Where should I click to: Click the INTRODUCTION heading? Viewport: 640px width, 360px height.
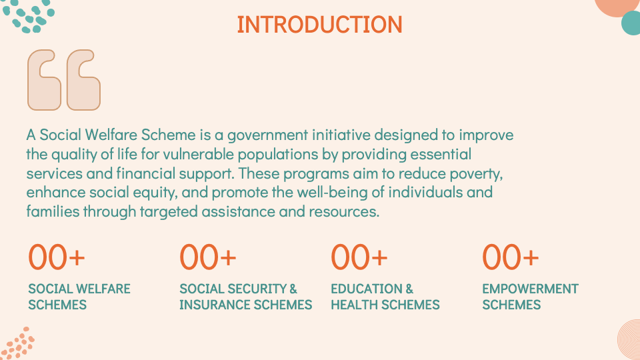(x=319, y=25)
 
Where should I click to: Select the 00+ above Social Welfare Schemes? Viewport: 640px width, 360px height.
(x=56, y=257)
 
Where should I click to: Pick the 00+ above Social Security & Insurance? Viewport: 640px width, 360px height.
(x=208, y=257)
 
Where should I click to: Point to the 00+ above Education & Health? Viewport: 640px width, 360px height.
(x=359, y=257)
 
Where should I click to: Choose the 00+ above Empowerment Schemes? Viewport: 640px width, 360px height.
(x=510, y=257)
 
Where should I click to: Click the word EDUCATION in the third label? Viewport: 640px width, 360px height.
(x=367, y=289)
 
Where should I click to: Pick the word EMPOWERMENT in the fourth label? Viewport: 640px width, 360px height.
(x=530, y=289)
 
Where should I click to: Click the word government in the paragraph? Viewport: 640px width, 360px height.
(x=268, y=135)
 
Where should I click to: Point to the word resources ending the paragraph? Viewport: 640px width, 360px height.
(x=344, y=212)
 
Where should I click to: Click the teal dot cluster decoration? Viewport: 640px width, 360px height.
(x=29, y=16)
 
